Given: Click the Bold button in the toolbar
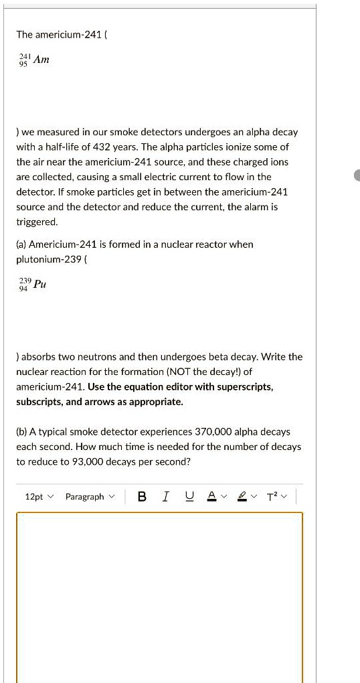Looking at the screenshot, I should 142,496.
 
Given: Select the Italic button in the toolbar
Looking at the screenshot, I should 165,496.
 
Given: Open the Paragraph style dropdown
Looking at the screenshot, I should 90,496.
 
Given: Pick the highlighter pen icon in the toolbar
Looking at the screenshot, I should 244,496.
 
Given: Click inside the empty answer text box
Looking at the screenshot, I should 159,596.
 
